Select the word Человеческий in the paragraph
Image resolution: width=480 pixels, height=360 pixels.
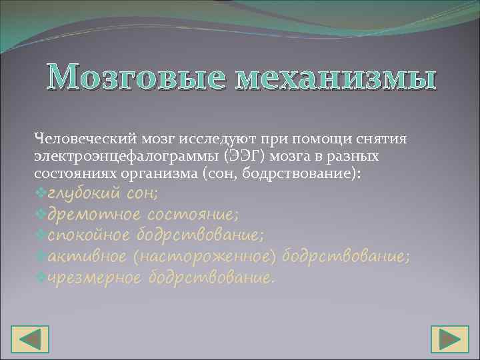point(85,139)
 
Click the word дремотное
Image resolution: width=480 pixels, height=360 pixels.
point(93,215)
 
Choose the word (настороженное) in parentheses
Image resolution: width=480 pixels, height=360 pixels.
point(209,257)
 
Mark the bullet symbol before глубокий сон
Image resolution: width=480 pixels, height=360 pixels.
point(40,193)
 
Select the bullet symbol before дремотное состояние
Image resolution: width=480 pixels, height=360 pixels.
point(40,215)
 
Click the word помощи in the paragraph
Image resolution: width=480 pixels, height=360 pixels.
point(317,139)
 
